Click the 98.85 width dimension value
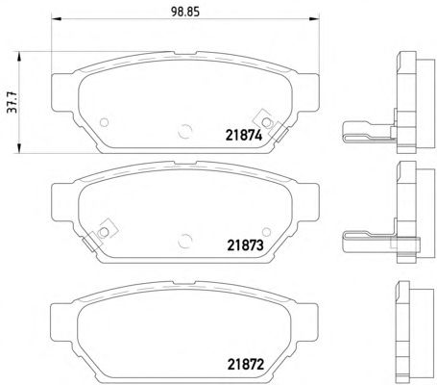tap(185, 12)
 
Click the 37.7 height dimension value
tap(12, 102)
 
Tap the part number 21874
tap(244, 136)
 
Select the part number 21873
tap(245, 245)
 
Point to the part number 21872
tap(246, 365)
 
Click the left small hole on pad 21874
tap(105, 122)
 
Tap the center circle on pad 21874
tap(185, 131)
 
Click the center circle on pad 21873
tap(185, 241)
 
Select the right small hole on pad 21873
tap(266, 232)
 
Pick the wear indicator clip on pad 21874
tap(271, 125)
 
